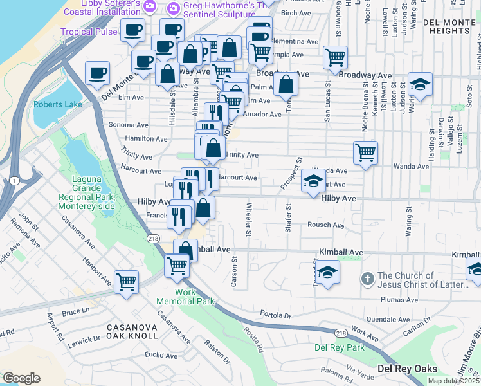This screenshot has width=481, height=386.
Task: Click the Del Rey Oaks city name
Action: pos(407,369)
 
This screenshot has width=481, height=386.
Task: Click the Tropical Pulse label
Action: pos(89,32)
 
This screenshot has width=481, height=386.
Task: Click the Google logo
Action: pos(21,378)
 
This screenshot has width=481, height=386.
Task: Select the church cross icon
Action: pos(367,279)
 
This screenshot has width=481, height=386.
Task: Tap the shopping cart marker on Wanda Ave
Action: pos(365,153)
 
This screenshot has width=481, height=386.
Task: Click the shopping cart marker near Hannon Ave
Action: pos(126,281)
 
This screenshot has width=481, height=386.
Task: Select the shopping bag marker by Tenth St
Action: pos(286,84)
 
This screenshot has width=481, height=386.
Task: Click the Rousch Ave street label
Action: pos(325,225)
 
